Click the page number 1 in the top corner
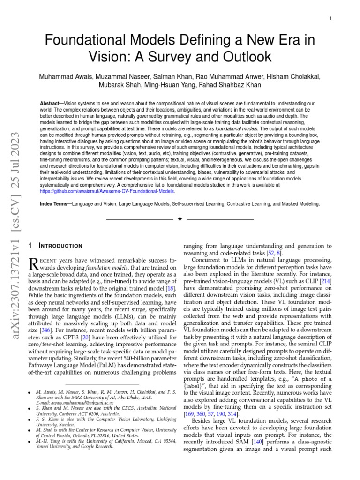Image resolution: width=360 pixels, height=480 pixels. (331, 18)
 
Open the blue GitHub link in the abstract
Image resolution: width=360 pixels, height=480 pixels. (108, 191)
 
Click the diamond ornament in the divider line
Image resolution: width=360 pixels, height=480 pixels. (180, 219)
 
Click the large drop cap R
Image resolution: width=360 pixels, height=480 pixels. (34, 263)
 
